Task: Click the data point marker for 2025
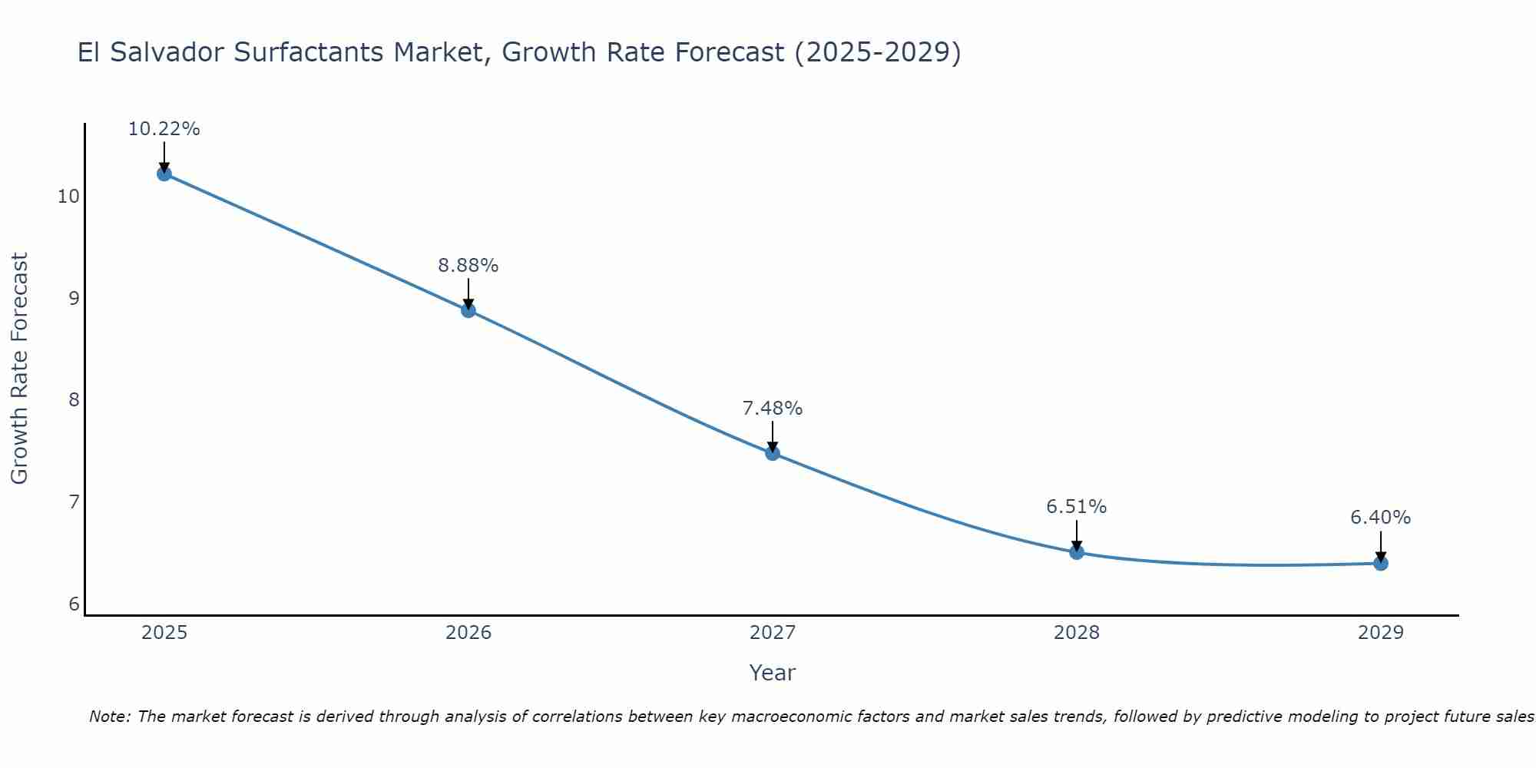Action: tap(164, 174)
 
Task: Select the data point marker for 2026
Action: tap(468, 310)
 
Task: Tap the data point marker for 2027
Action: tap(773, 453)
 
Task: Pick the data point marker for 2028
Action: tap(1077, 552)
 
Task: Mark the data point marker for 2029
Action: tap(1380, 564)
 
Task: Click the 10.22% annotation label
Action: tap(164, 129)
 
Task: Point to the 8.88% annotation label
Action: tap(468, 266)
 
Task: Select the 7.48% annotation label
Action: tap(773, 409)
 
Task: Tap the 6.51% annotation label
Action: tap(1077, 507)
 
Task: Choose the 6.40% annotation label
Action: tap(1380, 518)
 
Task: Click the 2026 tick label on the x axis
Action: tap(468, 633)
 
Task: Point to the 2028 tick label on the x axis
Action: tap(1077, 633)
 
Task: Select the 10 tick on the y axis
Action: tap(68, 197)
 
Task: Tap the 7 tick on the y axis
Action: tap(74, 502)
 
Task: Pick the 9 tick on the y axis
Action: tap(74, 298)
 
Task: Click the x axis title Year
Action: tap(772, 673)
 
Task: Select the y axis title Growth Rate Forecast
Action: tap(19, 369)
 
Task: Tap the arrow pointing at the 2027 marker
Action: tap(773, 438)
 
